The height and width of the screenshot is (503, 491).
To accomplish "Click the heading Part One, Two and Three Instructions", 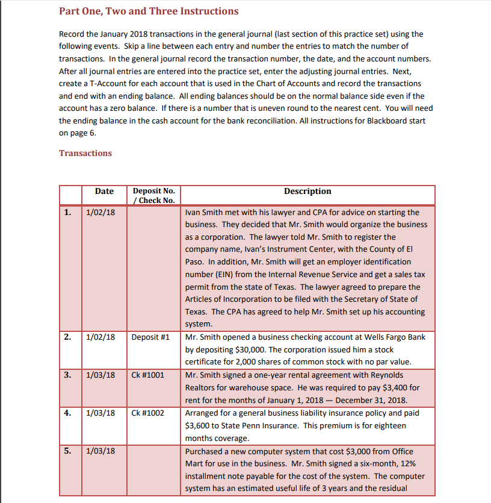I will point(149,11).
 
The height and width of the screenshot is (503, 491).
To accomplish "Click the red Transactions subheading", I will point(85,153).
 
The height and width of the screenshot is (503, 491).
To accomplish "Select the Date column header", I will point(104,192).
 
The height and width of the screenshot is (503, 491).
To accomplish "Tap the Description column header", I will point(307,192).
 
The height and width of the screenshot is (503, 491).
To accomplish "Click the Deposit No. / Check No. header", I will point(153,196).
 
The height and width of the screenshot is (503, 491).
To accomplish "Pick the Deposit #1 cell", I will point(150,337).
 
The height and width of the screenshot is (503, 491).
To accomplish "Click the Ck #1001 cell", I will point(147,375).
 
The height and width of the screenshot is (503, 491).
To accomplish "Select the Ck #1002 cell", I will point(147,413).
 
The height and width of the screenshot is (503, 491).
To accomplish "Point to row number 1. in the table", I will point(67,212).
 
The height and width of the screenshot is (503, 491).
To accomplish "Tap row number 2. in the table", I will point(67,337).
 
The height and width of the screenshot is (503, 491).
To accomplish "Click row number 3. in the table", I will point(67,375).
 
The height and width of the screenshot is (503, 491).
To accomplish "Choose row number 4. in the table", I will point(67,413).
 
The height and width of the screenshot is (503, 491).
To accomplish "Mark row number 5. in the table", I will point(67,451).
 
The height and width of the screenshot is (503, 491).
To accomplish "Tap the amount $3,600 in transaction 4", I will point(199,426).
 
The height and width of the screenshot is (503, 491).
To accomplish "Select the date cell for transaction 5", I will point(100,451).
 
